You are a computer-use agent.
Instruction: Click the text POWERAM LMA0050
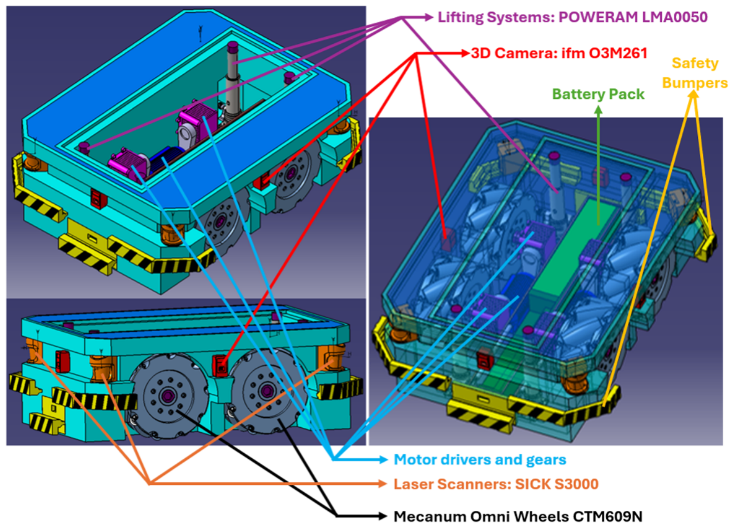(633, 17)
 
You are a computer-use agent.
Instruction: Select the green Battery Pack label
(599, 94)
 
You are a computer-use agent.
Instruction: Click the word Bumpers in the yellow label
(695, 83)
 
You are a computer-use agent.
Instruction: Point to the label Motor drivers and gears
(480, 459)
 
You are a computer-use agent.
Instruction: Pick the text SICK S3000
(557, 484)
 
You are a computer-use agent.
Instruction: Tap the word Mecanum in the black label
(430, 516)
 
